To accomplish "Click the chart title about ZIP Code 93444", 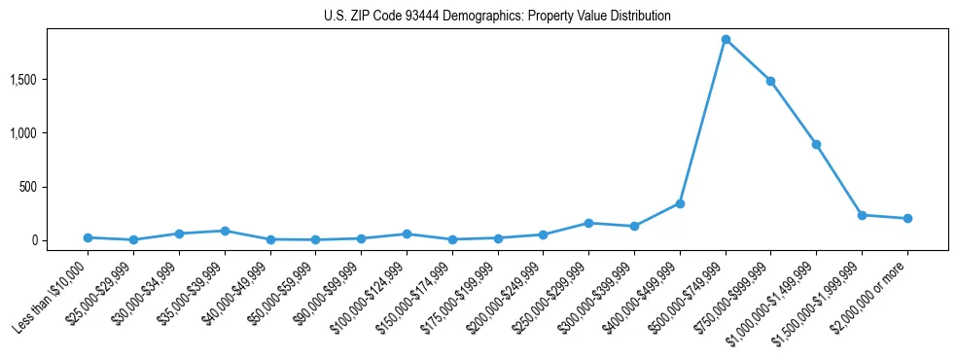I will [497, 17].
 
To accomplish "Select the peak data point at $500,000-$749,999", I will [726, 39].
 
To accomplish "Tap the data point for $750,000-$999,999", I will [770, 81].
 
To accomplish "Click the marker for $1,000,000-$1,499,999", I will [816, 144].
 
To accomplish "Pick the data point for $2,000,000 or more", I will [907, 218].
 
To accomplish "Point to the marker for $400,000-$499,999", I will [680, 203].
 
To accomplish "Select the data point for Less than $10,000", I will [88, 237].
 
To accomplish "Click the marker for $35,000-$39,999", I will [225, 231].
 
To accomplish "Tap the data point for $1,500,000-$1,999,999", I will [862, 215].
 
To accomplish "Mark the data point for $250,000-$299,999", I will [588, 223].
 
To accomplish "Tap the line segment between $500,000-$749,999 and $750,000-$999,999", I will [748, 59].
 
